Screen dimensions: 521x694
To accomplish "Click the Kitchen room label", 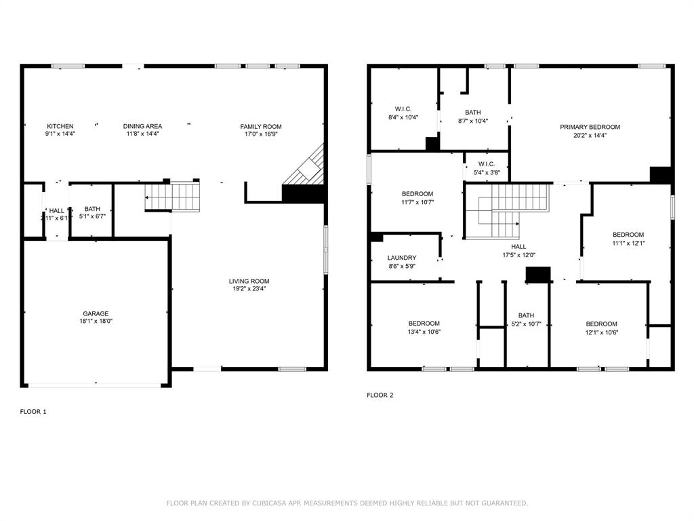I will point(60,126).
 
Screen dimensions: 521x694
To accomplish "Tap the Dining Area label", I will point(142,126).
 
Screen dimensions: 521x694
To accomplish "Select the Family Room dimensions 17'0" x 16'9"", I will point(261,134).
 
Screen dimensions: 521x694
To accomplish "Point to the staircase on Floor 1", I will point(173,197).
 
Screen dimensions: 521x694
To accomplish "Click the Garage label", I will point(96,313).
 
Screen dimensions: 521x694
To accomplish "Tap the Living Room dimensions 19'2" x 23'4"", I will point(249,289).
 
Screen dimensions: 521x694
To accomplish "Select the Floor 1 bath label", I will point(92,209).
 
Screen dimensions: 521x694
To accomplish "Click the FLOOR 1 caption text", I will point(33,411).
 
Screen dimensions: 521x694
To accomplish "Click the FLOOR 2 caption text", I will point(380,395).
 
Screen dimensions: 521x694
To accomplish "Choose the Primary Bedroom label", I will point(590,127).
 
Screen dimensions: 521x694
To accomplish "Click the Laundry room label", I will point(402,258).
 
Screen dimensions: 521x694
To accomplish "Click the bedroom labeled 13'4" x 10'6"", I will point(424,324).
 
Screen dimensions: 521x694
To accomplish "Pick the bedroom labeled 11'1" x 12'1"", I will point(628,235).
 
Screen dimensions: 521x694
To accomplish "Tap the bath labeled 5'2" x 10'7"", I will point(526,315).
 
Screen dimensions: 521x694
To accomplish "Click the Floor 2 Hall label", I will point(518,247).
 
